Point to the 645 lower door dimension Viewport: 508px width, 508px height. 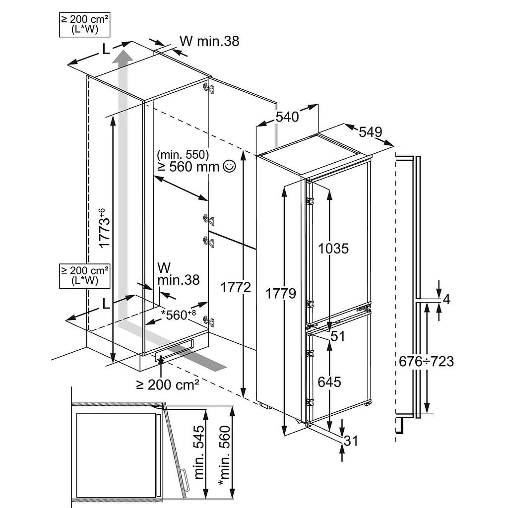pos(329,381)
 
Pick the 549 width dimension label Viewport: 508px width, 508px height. pos(370,132)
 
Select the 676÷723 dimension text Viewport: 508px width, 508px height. pos(426,361)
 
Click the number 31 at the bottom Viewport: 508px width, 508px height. pos(350,440)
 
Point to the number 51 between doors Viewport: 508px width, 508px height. pos(337,336)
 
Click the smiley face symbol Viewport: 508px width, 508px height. pos(229,167)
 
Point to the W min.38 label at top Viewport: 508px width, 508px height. pos(209,41)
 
